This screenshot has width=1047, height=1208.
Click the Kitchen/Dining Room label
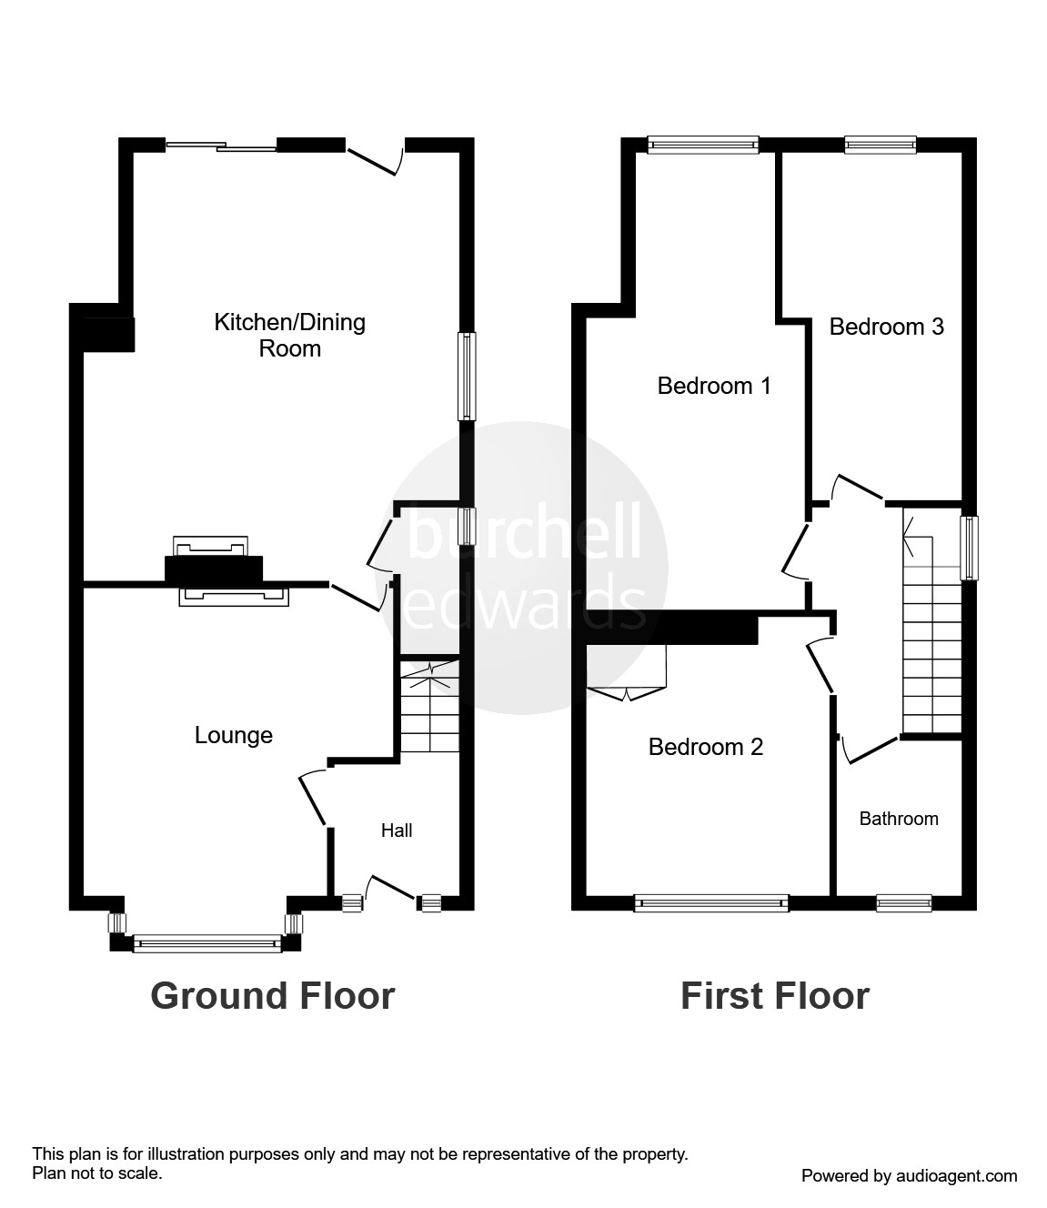[x=289, y=335]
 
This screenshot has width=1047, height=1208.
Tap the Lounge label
[x=234, y=735]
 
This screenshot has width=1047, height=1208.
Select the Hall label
[x=397, y=830]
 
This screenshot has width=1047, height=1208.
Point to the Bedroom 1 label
[x=714, y=386]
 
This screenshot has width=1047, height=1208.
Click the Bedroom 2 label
[x=706, y=747]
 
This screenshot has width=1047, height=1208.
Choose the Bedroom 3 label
[x=887, y=327]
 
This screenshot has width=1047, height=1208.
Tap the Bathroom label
[x=899, y=819]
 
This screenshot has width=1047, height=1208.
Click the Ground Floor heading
[x=273, y=996]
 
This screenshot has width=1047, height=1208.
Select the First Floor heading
[x=775, y=996]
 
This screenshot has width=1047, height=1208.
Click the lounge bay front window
[x=207, y=944]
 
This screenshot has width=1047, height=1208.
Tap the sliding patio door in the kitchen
[x=221, y=146]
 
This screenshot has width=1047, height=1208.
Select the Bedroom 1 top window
[x=702, y=144]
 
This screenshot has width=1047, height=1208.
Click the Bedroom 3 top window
[x=880, y=144]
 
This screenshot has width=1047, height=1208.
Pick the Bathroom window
[x=903, y=902]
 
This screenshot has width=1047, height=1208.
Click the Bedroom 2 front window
[x=711, y=903]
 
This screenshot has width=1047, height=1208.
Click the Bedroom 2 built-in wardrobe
[x=628, y=673]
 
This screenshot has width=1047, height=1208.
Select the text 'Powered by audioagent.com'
[x=909, y=1176]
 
